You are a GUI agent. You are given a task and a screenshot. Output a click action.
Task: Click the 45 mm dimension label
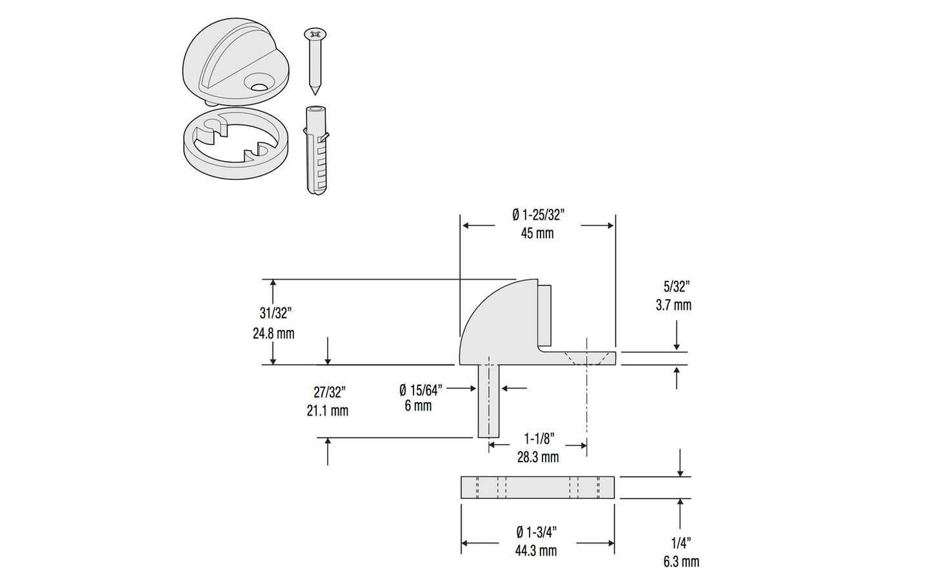point(537,233)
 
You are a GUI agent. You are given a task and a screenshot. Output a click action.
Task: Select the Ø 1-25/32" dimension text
point(538,215)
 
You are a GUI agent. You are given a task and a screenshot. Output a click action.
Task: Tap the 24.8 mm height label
point(273,333)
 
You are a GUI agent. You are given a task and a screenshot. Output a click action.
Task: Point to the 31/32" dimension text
point(275,313)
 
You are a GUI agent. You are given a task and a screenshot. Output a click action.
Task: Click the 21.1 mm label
point(327,411)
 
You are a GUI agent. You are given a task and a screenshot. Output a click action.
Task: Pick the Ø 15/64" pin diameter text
point(420,389)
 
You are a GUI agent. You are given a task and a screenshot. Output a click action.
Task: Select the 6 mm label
point(418,406)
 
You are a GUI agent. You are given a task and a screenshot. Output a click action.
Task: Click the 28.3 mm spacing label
point(537,457)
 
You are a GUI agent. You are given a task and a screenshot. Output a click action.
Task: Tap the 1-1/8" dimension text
point(539,439)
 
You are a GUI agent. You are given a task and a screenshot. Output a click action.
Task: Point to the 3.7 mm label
point(673,305)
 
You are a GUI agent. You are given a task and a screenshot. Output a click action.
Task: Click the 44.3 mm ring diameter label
point(535,550)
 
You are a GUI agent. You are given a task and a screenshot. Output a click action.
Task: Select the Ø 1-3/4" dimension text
point(536,532)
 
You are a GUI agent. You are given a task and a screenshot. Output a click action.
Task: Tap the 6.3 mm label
point(681,561)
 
